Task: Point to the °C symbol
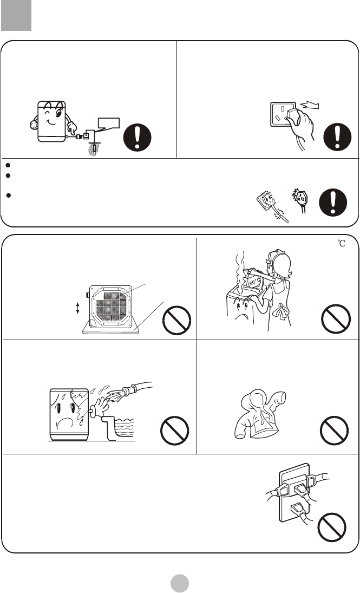340,244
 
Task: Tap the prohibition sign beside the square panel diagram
176,320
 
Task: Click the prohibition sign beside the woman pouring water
336,320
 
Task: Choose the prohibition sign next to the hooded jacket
336,432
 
